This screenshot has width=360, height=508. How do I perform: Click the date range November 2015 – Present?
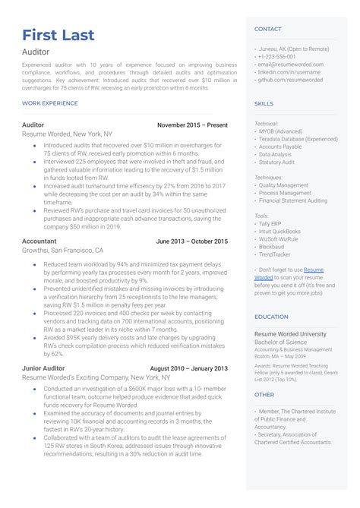pos(192,125)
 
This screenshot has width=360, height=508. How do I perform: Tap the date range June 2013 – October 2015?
pos(191,241)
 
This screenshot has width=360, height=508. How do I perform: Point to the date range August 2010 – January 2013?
pos(188,368)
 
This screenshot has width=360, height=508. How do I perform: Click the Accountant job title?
pos(39,241)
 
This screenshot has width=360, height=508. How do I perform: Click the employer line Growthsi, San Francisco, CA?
pos(63,250)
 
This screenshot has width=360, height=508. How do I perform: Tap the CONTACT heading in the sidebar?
pos(267,29)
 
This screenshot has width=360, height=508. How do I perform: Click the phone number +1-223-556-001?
pos(278,57)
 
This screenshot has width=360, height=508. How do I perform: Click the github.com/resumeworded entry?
pos(290,79)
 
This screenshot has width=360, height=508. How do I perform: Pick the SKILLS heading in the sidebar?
pos(264,103)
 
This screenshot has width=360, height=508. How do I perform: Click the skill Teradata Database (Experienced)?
pos(298,139)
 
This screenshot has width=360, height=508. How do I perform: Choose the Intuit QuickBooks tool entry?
pos(279,232)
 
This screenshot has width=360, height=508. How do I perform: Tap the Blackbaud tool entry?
pos(273,247)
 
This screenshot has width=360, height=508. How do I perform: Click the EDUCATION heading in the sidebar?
pos(271,317)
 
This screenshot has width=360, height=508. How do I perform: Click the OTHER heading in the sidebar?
pos(264,395)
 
